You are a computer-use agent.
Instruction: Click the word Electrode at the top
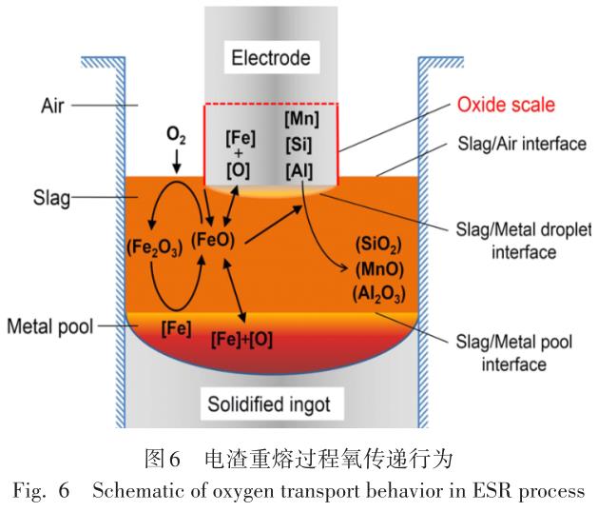271,59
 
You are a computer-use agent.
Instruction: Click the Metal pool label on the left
48,328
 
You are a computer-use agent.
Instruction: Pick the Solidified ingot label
271,404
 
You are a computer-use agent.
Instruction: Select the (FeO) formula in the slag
214,237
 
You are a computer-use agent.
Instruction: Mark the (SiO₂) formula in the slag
379,245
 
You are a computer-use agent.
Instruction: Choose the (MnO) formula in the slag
379,269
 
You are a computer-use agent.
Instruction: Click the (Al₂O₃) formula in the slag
379,293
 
